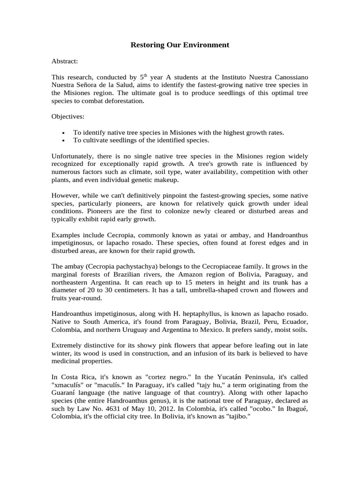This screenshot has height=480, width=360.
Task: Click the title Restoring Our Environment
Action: point(180,45)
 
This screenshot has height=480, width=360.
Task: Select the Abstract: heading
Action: point(65,61)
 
